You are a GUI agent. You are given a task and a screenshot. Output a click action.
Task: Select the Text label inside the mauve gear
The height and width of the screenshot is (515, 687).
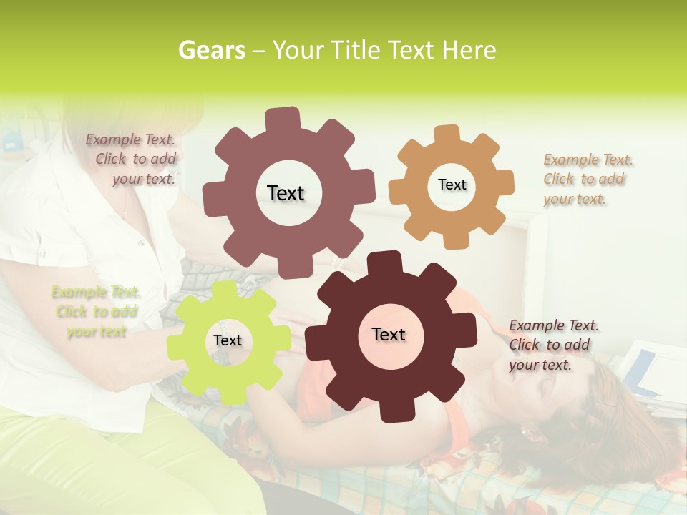click(286, 193)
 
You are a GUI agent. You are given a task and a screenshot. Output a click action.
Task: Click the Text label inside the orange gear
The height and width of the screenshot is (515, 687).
click(452, 185)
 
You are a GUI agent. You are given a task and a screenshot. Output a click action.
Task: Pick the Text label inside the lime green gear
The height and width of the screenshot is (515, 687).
click(228, 340)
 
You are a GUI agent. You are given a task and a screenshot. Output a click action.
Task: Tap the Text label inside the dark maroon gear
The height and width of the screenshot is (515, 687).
click(389, 334)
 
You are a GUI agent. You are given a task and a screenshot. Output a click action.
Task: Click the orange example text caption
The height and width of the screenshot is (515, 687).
click(588, 179)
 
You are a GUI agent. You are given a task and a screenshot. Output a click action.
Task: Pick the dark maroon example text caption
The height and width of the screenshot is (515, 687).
click(553, 345)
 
